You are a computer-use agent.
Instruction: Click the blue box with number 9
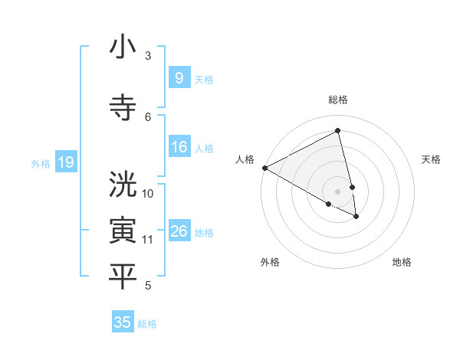click(x=179, y=77)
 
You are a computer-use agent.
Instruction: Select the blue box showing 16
click(x=179, y=147)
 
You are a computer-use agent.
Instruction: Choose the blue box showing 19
click(x=65, y=162)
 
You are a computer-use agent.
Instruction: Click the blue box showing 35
click(x=123, y=322)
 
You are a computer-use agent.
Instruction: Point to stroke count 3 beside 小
click(x=148, y=55)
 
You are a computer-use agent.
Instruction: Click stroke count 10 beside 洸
click(x=148, y=193)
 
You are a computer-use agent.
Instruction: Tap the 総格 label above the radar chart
click(x=338, y=100)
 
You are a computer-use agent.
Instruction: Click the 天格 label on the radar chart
click(x=431, y=159)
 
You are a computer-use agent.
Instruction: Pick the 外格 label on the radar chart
click(x=270, y=262)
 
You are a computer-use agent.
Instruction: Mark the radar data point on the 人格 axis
click(x=264, y=168)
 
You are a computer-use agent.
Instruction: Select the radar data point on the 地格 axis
click(x=357, y=217)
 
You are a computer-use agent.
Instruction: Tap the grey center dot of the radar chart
click(x=338, y=191)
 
